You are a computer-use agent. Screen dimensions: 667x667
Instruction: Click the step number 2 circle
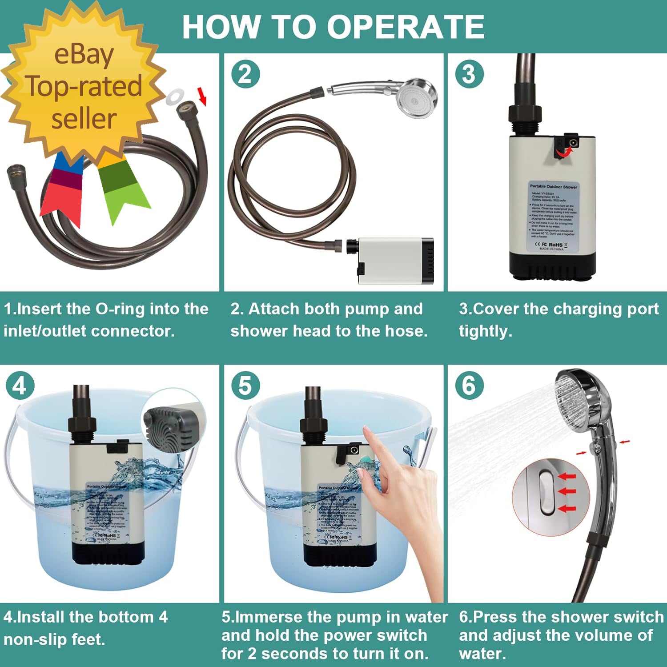(x=245, y=74)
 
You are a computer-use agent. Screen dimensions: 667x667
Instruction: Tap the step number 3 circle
(x=469, y=74)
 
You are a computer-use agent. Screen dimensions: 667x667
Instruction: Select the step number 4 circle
(x=20, y=386)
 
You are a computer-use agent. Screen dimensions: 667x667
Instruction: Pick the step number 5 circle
(x=245, y=386)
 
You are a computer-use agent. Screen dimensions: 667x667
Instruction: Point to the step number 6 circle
(x=469, y=386)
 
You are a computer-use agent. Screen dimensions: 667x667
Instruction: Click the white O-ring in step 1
(x=175, y=96)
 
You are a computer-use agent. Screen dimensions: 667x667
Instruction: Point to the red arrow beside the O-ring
(x=202, y=96)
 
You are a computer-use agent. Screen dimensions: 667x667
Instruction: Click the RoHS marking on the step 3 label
(x=555, y=245)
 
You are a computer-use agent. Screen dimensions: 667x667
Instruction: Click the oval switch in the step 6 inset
(x=547, y=493)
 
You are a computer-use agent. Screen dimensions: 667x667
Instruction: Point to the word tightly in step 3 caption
(x=485, y=331)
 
